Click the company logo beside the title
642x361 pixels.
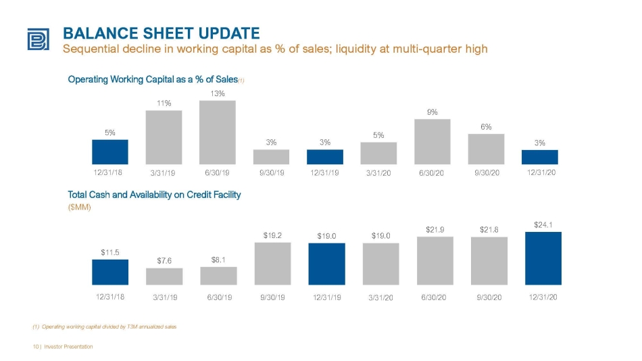(x=38, y=39)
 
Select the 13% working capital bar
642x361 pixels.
(x=218, y=133)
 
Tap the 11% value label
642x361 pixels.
(x=164, y=103)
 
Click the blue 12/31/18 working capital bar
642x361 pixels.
(x=109, y=152)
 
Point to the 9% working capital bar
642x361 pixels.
(x=433, y=142)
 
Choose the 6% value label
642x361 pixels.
(x=486, y=127)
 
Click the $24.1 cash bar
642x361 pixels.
(x=543, y=258)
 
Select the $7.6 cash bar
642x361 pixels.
(x=164, y=276)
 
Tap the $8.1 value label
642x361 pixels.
(x=218, y=260)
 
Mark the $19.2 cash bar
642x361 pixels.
(x=273, y=264)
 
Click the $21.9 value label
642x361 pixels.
(x=435, y=230)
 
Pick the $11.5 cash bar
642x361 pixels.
(x=110, y=272)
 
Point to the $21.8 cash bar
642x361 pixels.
(x=489, y=261)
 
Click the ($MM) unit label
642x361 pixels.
(x=80, y=208)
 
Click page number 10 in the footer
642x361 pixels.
(x=36, y=347)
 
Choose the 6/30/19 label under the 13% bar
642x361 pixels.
(x=217, y=173)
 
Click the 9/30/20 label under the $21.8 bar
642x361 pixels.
(x=489, y=297)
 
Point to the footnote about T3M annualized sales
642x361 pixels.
(x=105, y=327)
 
